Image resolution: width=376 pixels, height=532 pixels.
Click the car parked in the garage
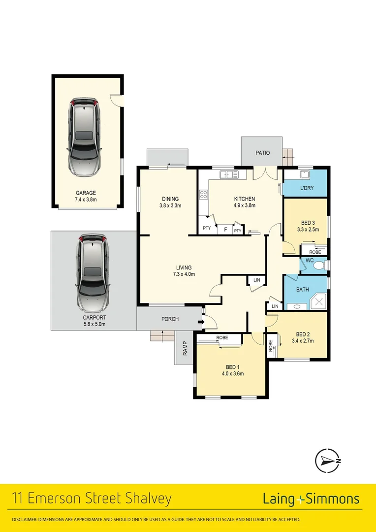point(85,138)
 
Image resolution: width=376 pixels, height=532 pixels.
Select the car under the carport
point(92,272)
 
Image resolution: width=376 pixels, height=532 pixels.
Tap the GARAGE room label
point(86,193)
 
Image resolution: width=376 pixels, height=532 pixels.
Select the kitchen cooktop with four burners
point(203,194)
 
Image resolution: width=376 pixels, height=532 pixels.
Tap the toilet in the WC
point(319,266)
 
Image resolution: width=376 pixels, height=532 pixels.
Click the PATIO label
point(262,153)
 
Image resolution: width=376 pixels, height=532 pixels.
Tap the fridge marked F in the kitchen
point(225,230)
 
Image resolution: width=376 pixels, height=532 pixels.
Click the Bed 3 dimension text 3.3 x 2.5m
point(306,229)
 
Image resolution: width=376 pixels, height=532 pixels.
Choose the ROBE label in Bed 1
point(222,338)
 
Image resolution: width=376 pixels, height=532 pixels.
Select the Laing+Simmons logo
point(311,499)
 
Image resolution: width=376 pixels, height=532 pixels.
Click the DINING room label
point(170,199)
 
